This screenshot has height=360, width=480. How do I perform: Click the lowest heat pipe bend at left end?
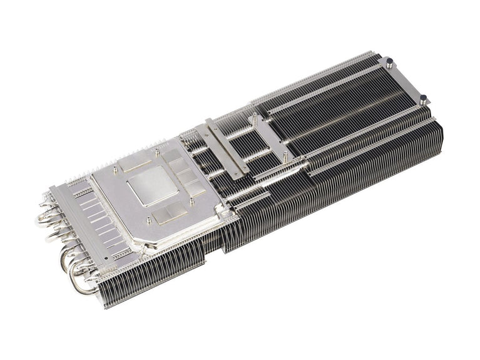click(79, 285)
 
